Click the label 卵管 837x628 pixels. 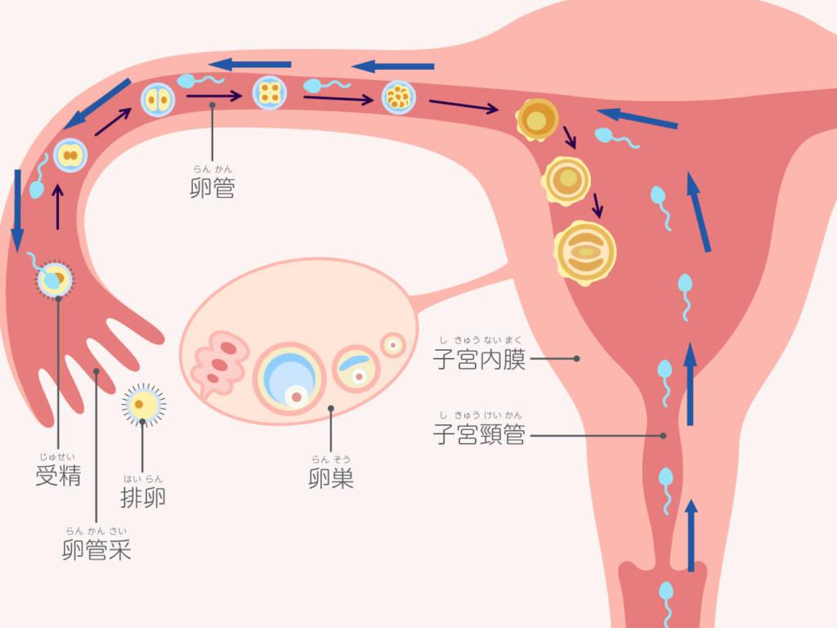pos(213,189)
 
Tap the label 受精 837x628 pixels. pos(58,475)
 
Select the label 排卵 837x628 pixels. pos(143,496)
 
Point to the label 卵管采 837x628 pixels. pos(96,550)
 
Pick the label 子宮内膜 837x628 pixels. pos(480,359)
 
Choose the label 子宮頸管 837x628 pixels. pos(480,435)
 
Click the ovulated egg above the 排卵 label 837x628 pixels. pos(143,403)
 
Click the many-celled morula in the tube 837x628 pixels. pos(398,97)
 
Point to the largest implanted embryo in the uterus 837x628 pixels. pos(584,253)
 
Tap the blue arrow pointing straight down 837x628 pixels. pos(17,209)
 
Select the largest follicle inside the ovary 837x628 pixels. pos(289,378)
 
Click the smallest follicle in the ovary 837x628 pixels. pos(393,344)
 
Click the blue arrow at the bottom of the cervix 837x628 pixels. pos(692,536)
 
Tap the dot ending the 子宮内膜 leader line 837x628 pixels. pos(576,358)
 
